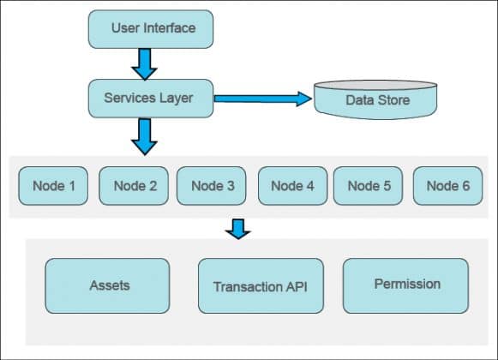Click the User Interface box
click(x=151, y=28)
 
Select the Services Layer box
click(x=151, y=98)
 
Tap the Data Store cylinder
click(x=377, y=101)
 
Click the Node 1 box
click(x=53, y=186)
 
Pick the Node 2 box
click(x=134, y=186)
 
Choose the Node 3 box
click(x=213, y=186)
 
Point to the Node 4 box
click(x=291, y=186)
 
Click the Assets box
click(x=109, y=285)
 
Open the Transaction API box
click(x=259, y=285)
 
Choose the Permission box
click(x=406, y=284)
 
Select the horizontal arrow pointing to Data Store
click(x=262, y=99)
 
